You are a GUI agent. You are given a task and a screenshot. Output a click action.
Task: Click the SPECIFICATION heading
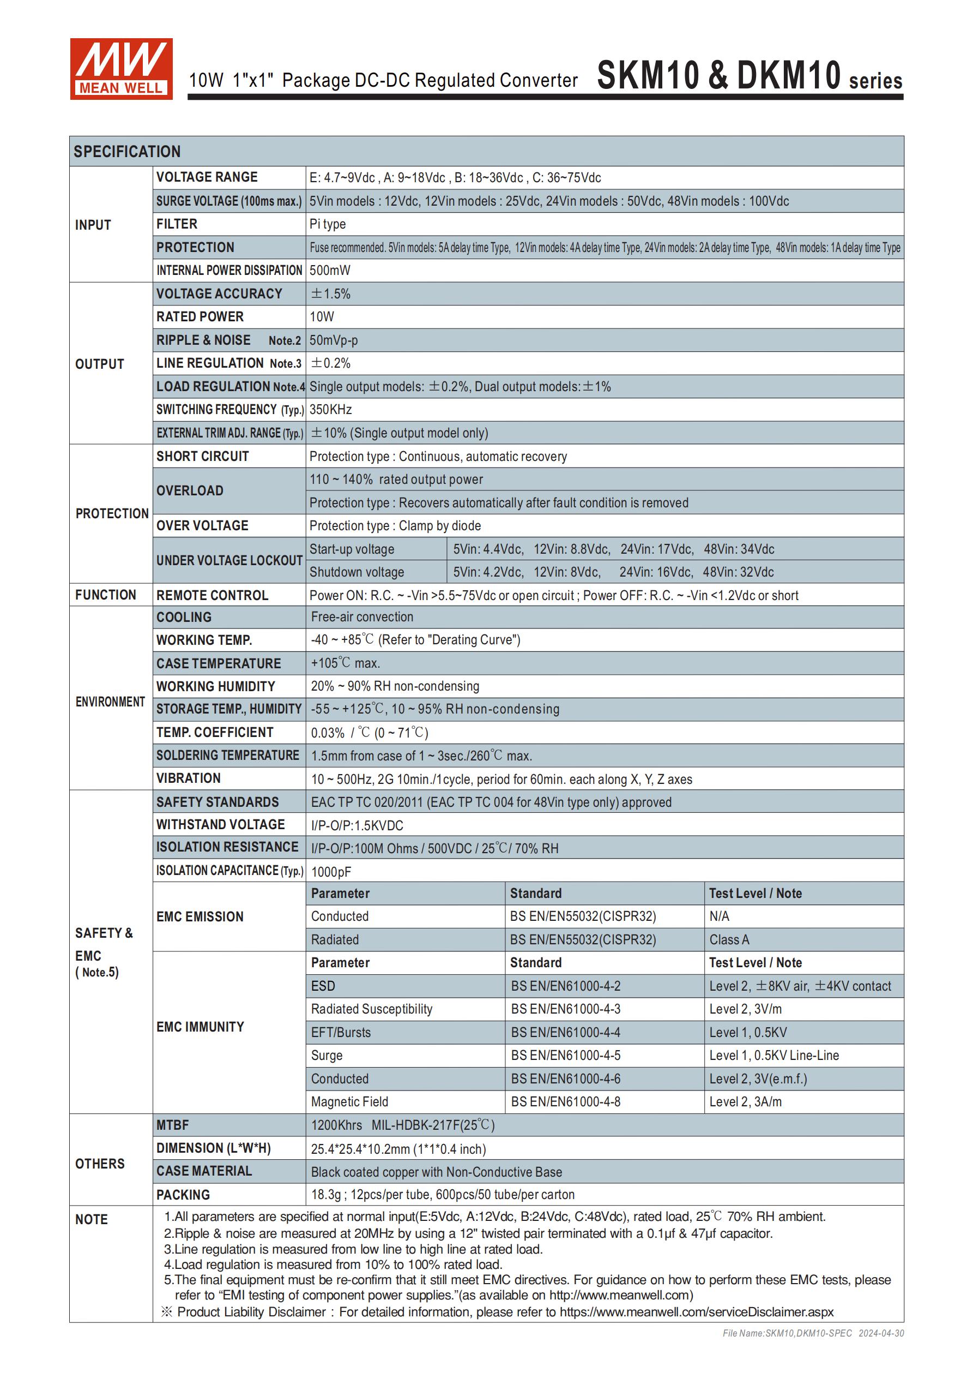(x=126, y=151)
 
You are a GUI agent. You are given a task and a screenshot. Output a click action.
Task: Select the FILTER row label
(x=177, y=224)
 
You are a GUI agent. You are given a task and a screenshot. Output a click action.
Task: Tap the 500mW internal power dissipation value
(x=329, y=270)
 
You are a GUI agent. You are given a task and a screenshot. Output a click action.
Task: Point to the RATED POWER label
(x=200, y=316)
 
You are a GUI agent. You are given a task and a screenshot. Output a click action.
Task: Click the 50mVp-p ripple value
(x=334, y=340)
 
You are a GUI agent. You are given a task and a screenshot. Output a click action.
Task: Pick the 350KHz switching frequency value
(x=330, y=409)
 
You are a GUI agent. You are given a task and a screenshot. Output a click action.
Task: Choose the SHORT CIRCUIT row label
(x=202, y=456)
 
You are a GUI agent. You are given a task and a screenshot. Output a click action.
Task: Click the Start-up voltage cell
(x=352, y=549)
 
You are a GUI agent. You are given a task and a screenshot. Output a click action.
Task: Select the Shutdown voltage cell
(x=356, y=572)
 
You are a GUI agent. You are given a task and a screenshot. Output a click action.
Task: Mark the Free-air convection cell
(x=362, y=617)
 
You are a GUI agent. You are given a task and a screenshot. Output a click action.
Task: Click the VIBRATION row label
(x=189, y=778)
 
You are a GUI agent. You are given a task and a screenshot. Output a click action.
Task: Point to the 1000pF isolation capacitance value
(x=331, y=871)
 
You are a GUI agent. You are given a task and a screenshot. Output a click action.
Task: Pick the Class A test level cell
(x=729, y=940)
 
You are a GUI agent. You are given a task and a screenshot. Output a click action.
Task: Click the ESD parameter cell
(x=323, y=986)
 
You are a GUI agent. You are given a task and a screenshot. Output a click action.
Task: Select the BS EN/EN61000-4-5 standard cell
(x=565, y=1055)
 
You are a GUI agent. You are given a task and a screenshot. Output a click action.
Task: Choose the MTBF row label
(x=172, y=1125)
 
